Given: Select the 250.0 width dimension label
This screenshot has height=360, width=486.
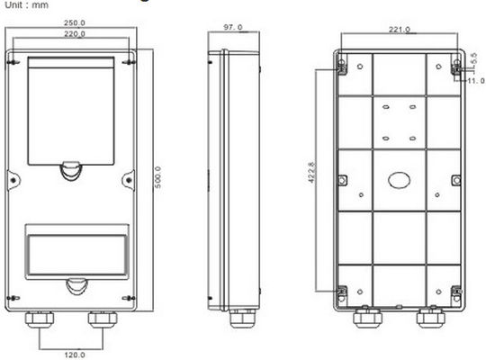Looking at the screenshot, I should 75,23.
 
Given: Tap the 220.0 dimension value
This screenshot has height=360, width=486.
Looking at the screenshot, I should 75,34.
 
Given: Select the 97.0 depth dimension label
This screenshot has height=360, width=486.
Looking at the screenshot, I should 233,29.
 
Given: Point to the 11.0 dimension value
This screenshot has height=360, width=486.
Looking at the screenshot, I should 474,80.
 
